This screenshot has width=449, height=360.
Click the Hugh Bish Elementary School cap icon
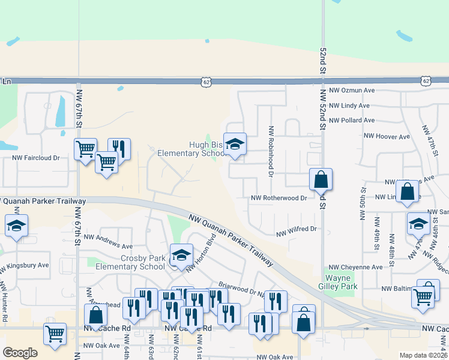(235, 144)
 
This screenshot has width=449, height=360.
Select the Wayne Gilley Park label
(342, 282)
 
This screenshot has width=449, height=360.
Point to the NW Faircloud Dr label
(36, 158)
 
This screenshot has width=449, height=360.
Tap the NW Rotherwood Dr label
(279, 198)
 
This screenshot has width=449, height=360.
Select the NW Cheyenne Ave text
(355, 267)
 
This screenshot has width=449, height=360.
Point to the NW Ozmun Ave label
(353, 90)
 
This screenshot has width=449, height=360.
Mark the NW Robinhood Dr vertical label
(271, 151)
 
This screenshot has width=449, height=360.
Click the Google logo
(20, 353)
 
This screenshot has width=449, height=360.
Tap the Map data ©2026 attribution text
(423, 355)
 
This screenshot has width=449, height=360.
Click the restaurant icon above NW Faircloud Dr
(119, 149)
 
